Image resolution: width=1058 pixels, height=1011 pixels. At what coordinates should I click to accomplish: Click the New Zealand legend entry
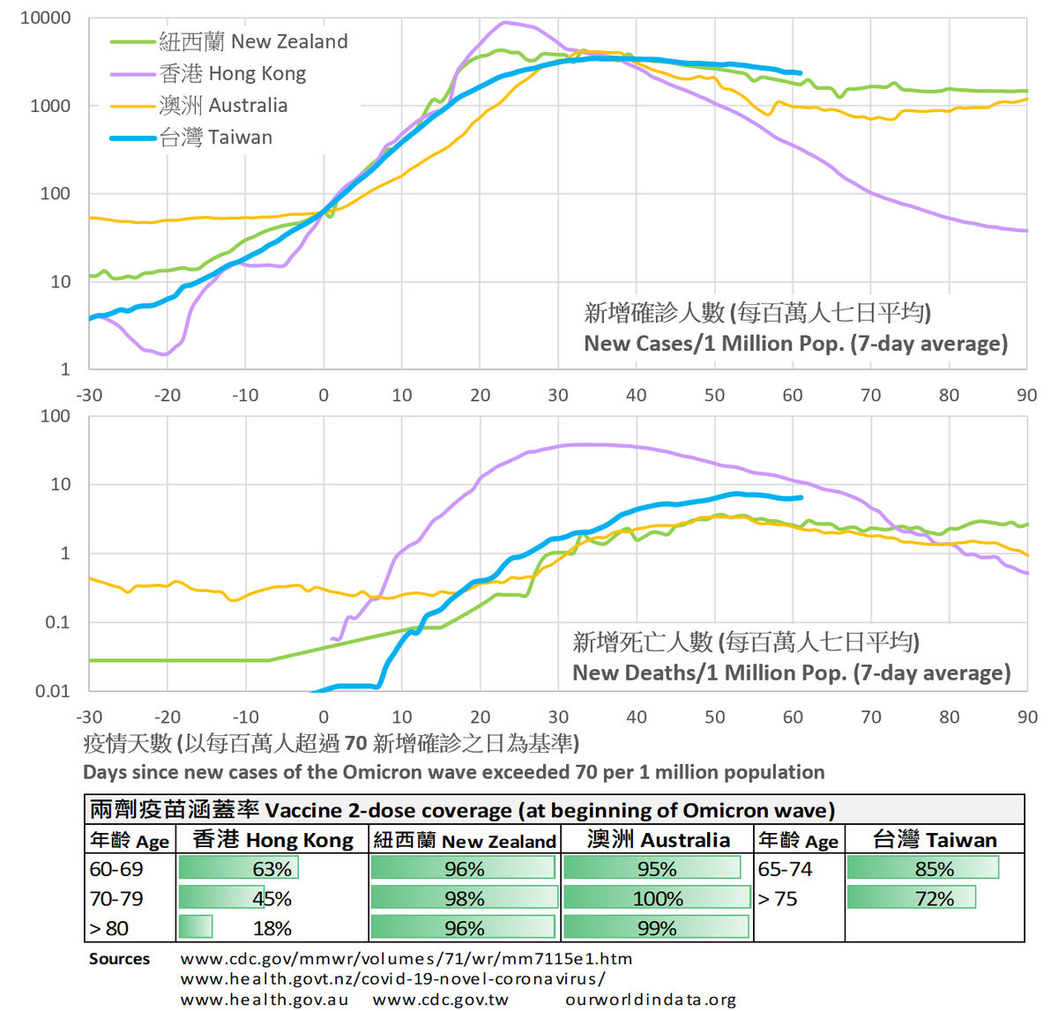(x=229, y=41)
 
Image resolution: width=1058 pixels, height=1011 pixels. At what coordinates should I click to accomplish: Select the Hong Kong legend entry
(x=208, y=73)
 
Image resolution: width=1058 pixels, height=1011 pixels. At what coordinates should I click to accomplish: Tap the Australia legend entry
(x=199, y=106)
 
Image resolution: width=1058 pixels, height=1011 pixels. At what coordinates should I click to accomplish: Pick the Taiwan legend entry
(x=191, y=138)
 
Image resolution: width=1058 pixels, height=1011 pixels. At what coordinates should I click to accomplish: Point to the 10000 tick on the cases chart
(x=45, y=18)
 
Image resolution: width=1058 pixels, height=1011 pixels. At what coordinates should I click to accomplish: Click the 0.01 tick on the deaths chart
(x=53, y=691)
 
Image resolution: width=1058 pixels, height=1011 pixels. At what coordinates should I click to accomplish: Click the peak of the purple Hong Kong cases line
(x=504, y=22)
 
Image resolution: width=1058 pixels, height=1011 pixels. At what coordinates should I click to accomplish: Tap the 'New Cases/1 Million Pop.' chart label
(x=795, y=344)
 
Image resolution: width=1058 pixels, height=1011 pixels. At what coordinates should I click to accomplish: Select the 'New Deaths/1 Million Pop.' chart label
(x=792, y=673)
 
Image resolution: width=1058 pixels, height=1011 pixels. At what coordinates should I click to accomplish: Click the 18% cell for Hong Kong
(x=272, y=928)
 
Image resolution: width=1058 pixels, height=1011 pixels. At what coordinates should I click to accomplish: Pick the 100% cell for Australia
(x=658, y=898)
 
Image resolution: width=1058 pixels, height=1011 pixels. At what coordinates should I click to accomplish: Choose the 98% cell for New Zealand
(x=465, y=898)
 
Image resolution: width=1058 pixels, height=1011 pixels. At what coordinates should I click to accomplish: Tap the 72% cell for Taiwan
(x=934, y=898)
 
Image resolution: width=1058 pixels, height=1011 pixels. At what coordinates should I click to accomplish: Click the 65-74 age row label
(x=785, y=869)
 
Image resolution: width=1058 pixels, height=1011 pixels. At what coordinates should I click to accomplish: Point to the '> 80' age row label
(x=108, y=928)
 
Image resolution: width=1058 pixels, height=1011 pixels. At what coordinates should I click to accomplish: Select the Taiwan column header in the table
(x=935, y=840)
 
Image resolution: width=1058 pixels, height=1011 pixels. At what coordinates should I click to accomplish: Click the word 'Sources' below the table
(x=119, y=958)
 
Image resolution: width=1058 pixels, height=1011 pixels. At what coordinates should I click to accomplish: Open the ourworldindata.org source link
(x=651, y=999)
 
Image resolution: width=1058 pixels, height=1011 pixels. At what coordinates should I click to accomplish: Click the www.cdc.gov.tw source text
(x=440, y=999)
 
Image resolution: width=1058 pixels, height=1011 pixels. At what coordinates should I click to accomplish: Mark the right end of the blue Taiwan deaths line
(x=801, y=497)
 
